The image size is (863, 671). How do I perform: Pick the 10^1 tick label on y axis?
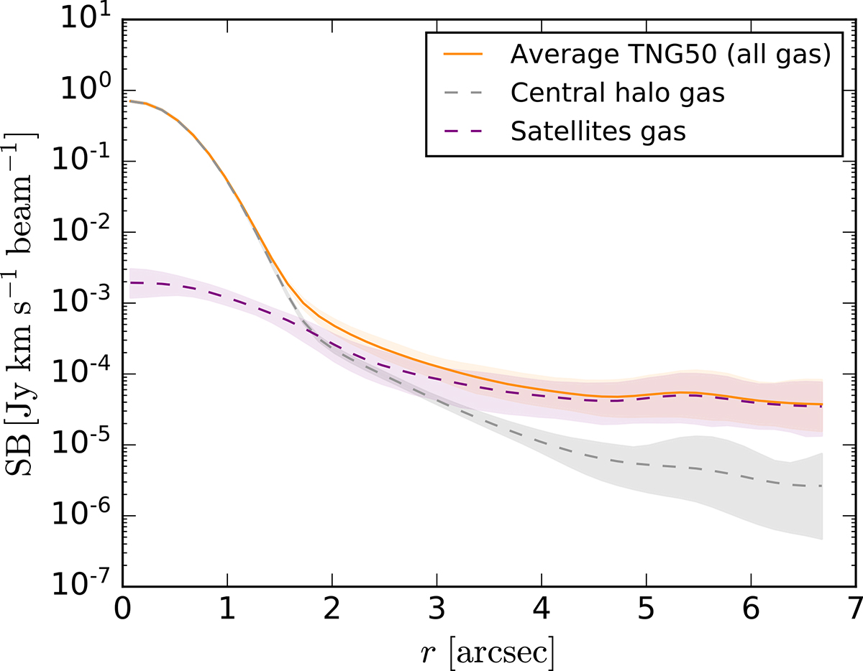click(85, 22)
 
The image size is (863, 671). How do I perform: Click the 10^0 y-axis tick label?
click(85, 92)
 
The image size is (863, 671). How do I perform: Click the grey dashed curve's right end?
click(821, 486)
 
